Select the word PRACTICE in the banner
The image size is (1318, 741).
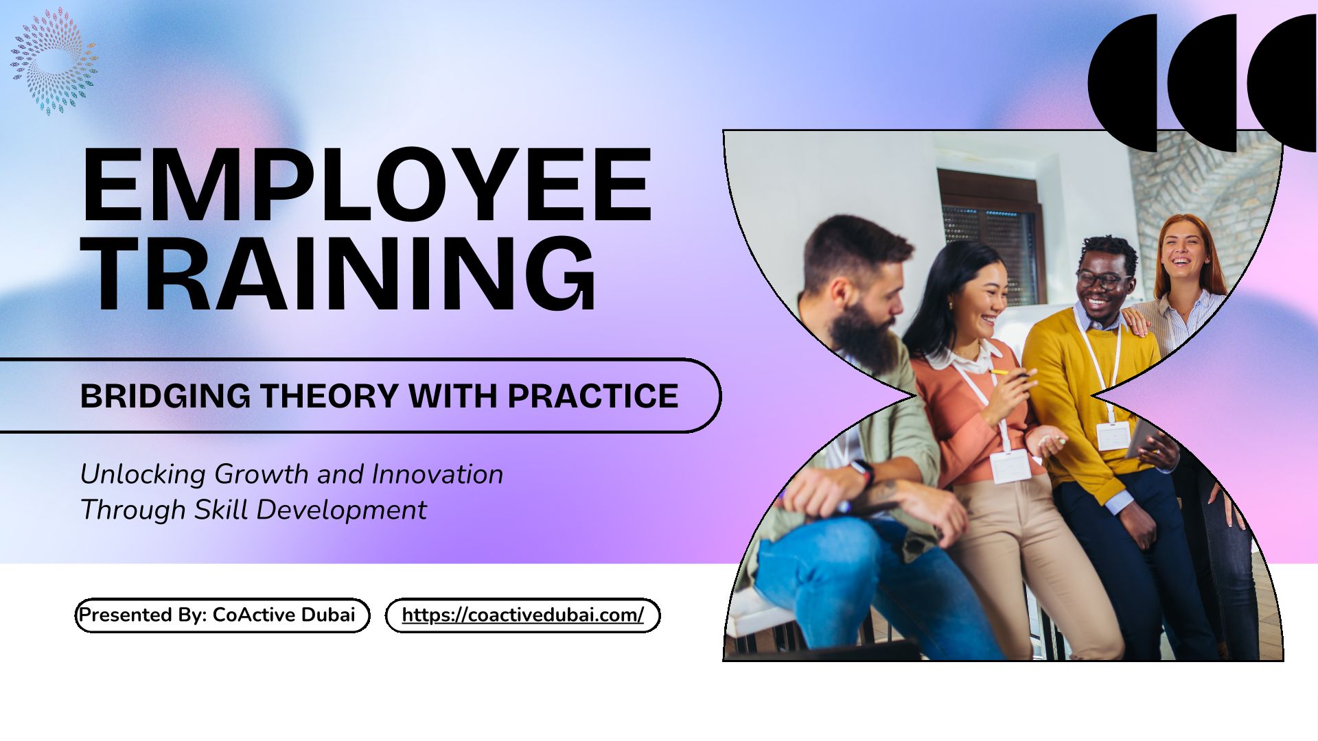tap(593, 396)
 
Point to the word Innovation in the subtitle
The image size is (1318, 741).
tap(437, 474)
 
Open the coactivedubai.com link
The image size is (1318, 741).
tap(523, 615)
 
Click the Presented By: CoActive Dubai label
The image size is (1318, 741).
tap(217, 614)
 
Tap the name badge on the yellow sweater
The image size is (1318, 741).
tap(1113, 436)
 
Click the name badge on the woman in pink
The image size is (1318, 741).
tap(1010, 467)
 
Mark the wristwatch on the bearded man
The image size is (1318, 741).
tap(862, 471)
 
